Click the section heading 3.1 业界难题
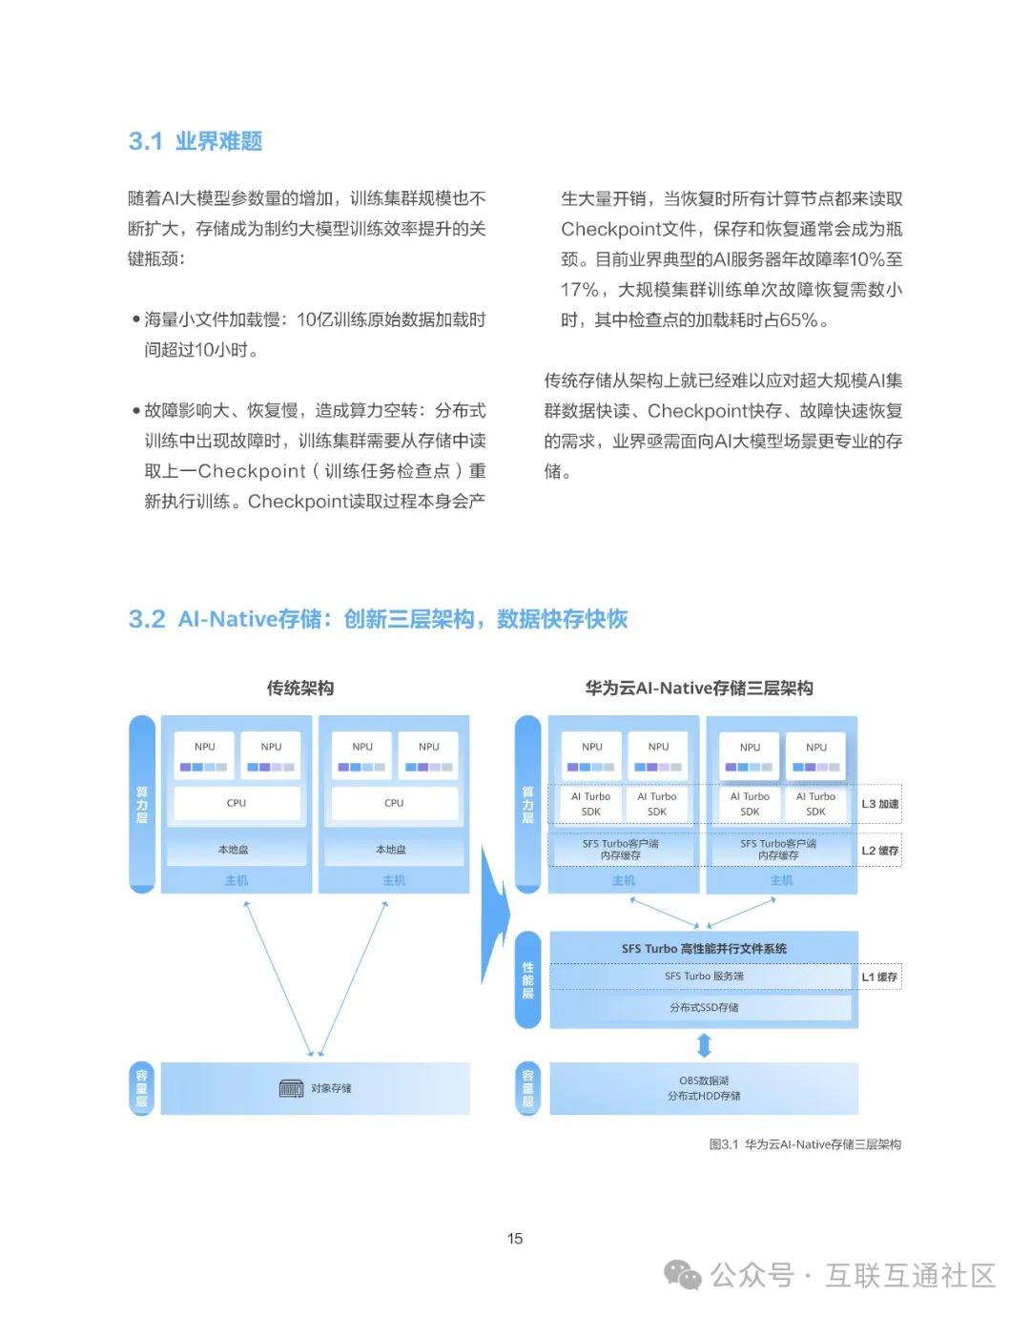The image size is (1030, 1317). (196, 141)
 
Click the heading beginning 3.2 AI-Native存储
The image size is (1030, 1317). (378, 619)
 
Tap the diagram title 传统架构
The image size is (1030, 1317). (299, 688)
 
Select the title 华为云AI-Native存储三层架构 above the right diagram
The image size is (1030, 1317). (699, 688)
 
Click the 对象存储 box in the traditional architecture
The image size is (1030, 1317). (316, 1088)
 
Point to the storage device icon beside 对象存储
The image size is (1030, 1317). (291, 1088)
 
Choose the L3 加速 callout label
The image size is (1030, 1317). (879, 804)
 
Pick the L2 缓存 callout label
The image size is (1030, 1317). (879, 850)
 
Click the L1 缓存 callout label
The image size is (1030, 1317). (879, 977)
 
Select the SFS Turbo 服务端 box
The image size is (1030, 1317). (703, 977)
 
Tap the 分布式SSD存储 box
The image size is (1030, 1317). (703, 1007)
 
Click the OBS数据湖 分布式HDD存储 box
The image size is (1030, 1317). (704, 1088)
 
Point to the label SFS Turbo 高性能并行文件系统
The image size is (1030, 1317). (704, 948)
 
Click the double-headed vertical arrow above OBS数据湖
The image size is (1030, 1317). (705, 1045)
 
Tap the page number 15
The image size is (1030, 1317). (515, 1238)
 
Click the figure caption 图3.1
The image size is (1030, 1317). (805, 1144)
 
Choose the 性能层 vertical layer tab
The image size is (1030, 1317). (527, 980)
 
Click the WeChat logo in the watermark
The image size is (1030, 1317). (682, 1275)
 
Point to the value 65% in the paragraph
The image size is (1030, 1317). (798, 320)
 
